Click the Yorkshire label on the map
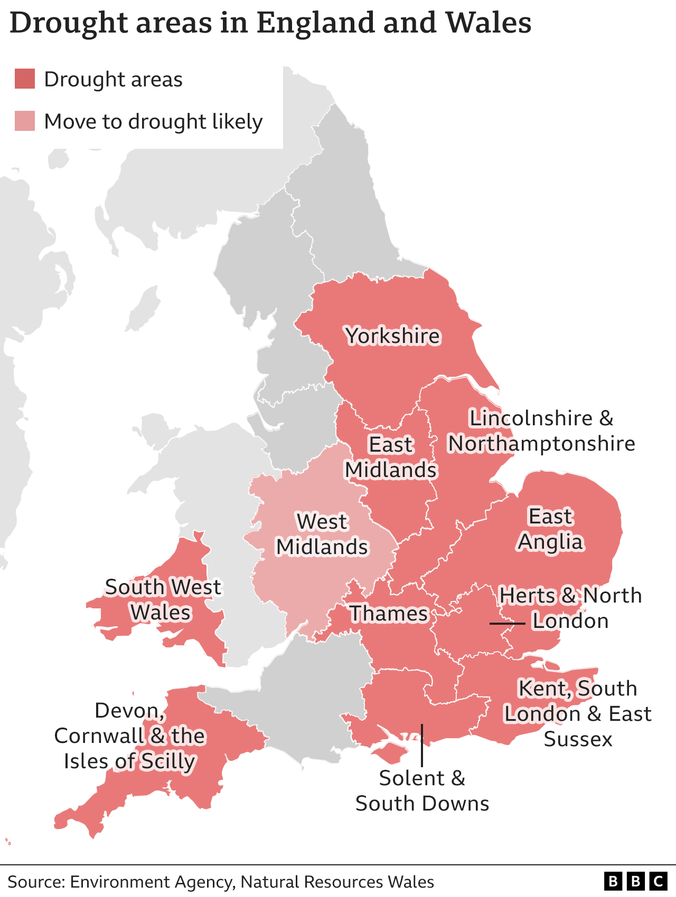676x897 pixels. (392, 336)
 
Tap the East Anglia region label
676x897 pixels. (550, 529)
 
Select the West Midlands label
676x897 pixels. (322, 534)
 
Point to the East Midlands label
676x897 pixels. (391, 457)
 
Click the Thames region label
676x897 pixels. (389, 614)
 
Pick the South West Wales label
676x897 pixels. (162, 599)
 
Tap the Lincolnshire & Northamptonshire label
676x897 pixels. (541, 431)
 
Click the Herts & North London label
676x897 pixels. (570, 608)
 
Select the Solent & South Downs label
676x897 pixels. (422, 790)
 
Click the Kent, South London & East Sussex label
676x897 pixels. (578, 713)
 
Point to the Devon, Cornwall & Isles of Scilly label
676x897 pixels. (129, 736)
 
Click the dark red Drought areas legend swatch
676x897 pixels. (25, 79)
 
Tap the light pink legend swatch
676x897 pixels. (25, 121)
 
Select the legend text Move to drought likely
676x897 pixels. (153, 121)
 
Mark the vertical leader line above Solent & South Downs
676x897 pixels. (421, 744)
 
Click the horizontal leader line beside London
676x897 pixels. (507, 624)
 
